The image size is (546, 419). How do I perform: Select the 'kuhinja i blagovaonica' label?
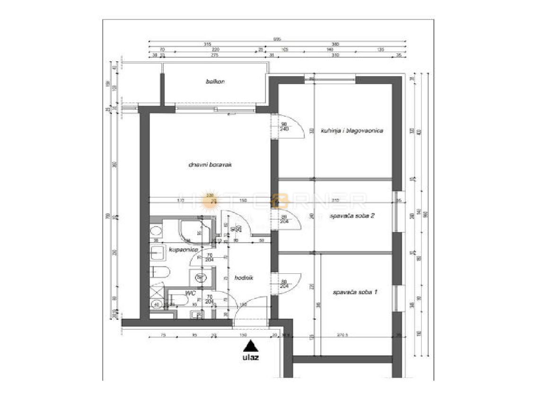pos(352,131)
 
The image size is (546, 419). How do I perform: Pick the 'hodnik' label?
pos(244,278)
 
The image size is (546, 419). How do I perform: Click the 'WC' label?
pos(191,293)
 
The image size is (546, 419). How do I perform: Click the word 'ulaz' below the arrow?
pos(251,357)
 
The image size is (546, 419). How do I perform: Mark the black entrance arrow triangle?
pos(251,345)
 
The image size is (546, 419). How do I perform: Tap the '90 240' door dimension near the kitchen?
pos(284,126)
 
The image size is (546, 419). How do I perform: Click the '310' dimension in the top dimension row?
pos(336,55)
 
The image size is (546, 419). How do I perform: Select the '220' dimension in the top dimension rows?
pos(215,50)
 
